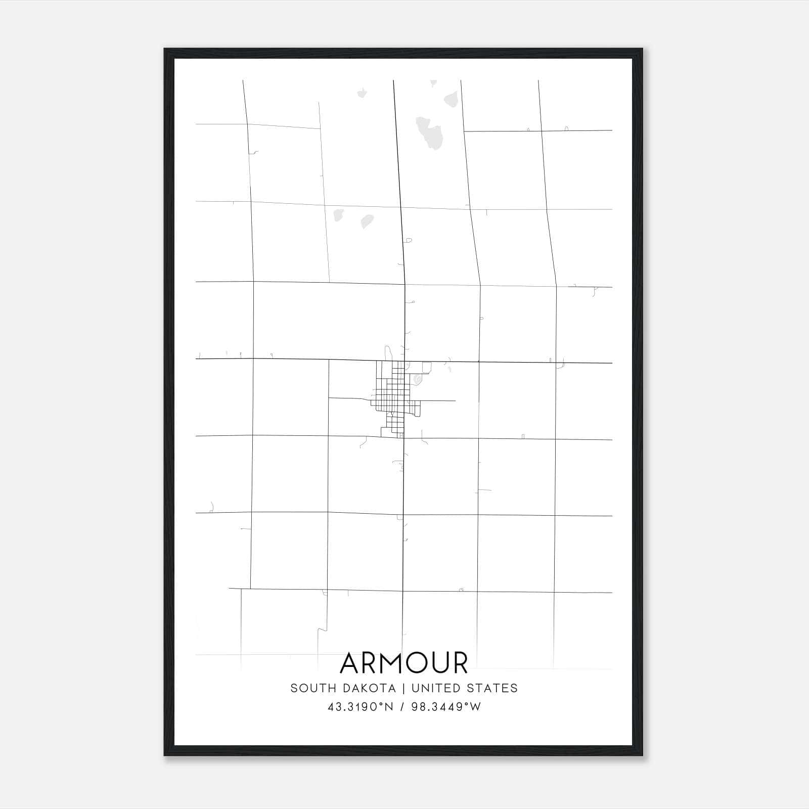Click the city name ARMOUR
(x=404, y=663)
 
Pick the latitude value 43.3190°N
(x=360, y=707)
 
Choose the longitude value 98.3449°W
(x=446, y=707)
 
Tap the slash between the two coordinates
(x=402, y=707)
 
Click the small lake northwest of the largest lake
(x=362, y=93)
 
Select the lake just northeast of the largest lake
(x=452, y=99)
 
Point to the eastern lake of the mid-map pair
(x=367, y=221)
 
